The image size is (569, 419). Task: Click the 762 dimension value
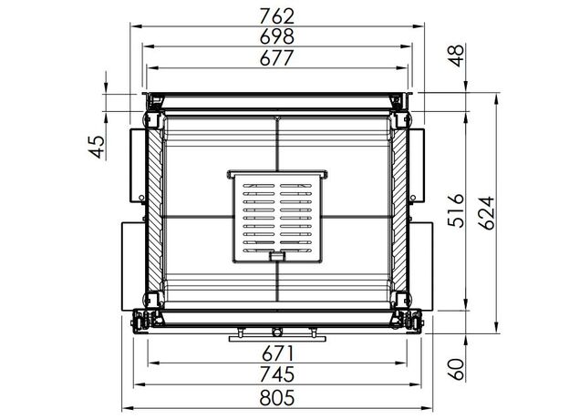(x=277, y=16)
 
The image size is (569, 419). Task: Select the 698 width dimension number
(x=277, y=36)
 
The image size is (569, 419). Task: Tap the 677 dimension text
(x=276, y=58)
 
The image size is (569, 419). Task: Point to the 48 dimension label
(x=456, y=56)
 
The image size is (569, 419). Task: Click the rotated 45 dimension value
(x=97, y=147)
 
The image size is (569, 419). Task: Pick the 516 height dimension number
(x=456, y=210)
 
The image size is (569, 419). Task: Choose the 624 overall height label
(x=486, y=213)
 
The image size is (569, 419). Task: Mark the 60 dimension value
(x=456, y=369)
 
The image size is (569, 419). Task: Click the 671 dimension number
(x=277, y=353)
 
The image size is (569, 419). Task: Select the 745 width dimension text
(x=277, y=374)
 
